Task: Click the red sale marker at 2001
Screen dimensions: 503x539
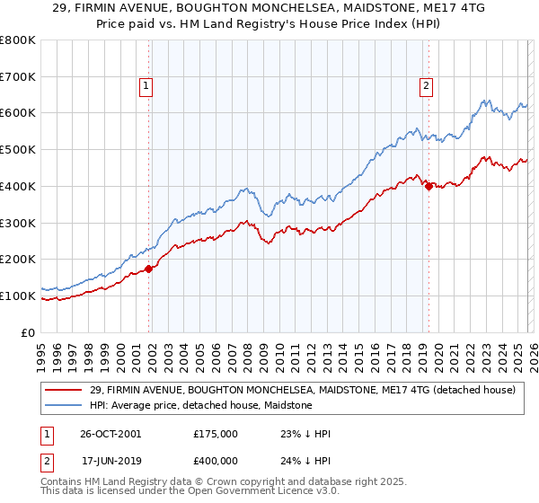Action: point(149,269)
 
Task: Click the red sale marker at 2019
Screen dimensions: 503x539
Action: point(429,186)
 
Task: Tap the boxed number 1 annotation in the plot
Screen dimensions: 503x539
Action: point(146,86)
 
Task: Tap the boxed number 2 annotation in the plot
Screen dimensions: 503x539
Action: point(425,86)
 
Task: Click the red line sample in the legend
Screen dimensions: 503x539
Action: point(64,390)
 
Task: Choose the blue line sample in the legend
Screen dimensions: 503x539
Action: point(64,405)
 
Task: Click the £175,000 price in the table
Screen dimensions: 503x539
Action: point(215,434)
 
